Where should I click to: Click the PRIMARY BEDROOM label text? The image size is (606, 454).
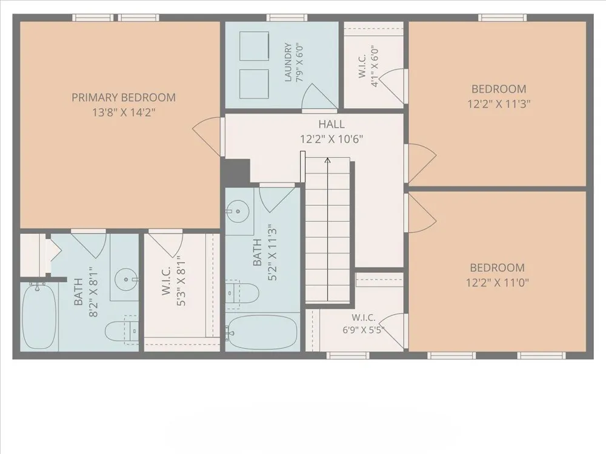coord(124,97)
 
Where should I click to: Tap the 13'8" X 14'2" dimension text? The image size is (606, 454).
coord(124,113)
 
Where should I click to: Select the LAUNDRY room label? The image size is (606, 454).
coord(288,62)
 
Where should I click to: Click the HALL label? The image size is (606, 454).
coord(331,124)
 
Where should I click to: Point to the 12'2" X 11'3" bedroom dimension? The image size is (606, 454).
coord(499,104)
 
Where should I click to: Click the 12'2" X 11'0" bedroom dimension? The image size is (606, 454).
coord(498,283)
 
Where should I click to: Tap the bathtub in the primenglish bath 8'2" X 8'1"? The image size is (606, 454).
coord(39,315)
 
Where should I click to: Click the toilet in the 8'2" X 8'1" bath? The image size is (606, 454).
coord(121,331)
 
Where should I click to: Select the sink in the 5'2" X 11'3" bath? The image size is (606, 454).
coord(237,211)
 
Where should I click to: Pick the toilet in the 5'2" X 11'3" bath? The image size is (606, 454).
coord(242,294)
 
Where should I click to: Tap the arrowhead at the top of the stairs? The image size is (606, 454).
coord(327,160)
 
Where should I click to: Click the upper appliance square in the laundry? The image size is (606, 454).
coord(255,46)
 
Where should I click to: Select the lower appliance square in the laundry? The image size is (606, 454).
coord(255,84)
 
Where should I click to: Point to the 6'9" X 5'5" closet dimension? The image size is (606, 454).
coord(363,330)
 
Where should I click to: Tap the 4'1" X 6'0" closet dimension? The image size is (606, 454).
coord(374,67)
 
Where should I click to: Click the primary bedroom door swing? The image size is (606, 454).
coord(207,136)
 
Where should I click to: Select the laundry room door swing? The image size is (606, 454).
coord(319,96)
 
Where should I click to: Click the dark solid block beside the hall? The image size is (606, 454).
coord(236,171)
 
